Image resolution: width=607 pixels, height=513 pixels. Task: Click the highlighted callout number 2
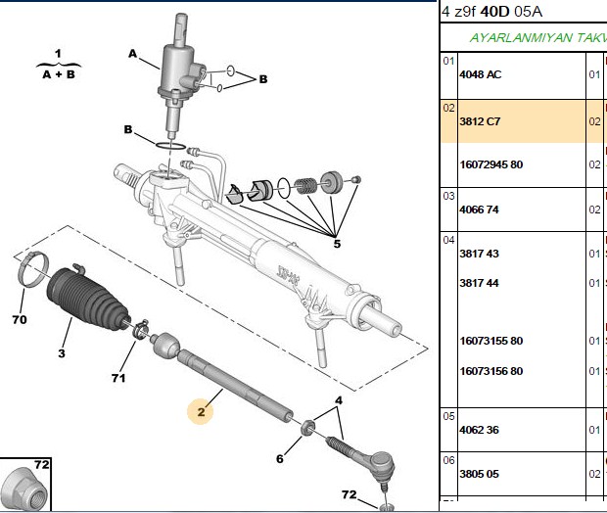pos(201,412)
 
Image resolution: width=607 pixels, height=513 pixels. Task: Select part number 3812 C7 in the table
pos(480,121)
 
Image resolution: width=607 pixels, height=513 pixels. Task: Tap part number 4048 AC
pos(481,74)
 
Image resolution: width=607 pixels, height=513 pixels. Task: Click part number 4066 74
pos(480,210)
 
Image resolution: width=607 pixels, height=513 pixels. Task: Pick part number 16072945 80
pos(491,164)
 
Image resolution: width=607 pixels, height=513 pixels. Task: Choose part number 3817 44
pos(480,283)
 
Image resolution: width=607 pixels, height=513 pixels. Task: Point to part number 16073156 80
pos(491,371)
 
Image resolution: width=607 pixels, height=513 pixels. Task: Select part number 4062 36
pos(480,430)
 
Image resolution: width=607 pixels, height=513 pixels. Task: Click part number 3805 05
pos(480,474)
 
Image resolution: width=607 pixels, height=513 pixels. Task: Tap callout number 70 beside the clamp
pos(20,320)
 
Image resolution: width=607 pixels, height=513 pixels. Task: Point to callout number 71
pos(118,378)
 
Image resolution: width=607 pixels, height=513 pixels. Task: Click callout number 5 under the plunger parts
pos(337,244)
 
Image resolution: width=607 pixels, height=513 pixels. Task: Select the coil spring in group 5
pos(305,186)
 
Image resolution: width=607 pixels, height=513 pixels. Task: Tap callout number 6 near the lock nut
pos(280,459)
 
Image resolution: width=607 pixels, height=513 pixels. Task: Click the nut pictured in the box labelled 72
pos(24,490)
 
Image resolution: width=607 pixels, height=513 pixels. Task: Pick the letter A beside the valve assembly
pos(132,54)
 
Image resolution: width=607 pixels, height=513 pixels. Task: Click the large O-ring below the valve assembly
pos(170,146)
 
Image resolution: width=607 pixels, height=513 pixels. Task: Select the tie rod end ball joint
pos(381,465)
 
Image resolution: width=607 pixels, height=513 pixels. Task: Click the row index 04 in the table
pos(448,240)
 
